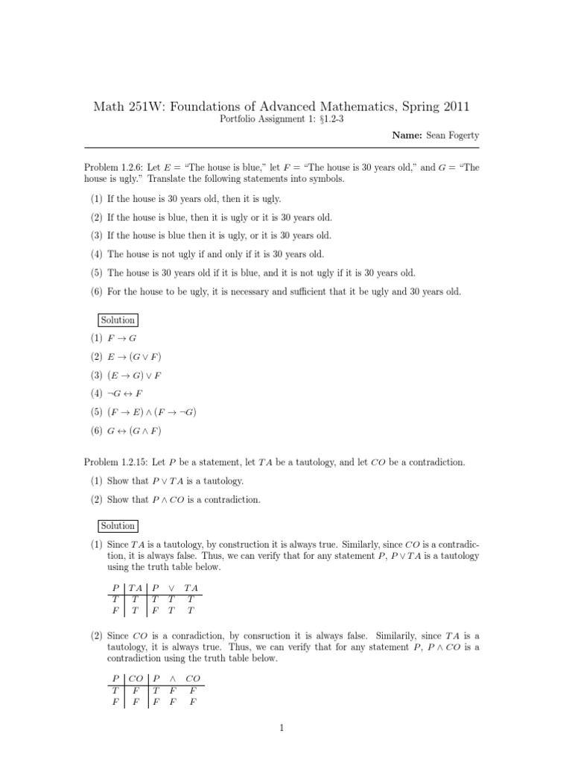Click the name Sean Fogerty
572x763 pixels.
[x=454, y=136]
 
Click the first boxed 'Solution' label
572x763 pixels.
[x=118, y=320]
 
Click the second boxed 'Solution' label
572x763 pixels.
[x=118, y=525]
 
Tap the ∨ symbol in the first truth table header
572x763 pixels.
[x=172, y=587]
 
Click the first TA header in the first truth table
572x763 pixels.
[x=136, y=587]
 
